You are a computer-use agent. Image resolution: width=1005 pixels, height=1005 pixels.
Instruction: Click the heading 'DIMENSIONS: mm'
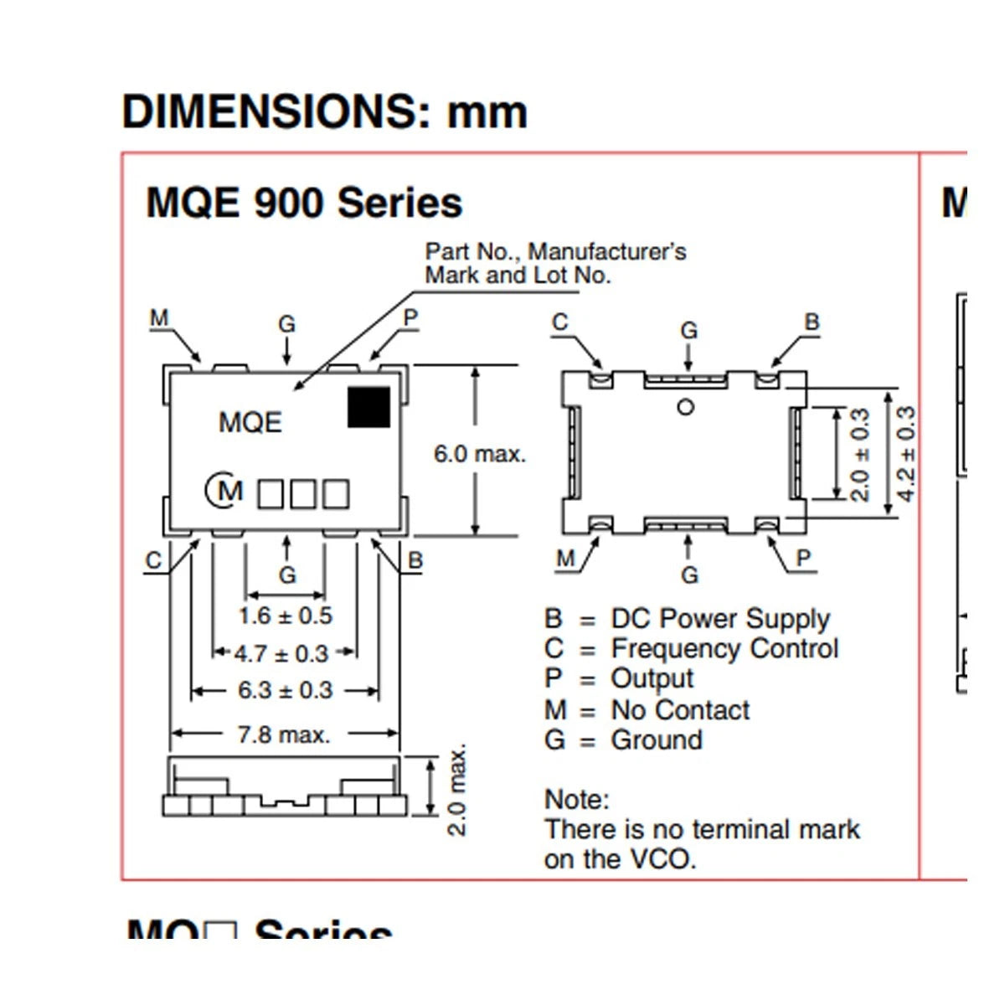coord(325,111)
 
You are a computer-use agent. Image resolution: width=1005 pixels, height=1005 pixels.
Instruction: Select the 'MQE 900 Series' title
coord(304,203)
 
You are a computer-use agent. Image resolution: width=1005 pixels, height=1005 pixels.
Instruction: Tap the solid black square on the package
coord(369,406)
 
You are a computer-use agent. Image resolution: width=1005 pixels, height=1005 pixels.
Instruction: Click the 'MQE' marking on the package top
coord(250,422)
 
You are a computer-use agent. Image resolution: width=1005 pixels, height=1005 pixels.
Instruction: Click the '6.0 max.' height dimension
coord(479,455)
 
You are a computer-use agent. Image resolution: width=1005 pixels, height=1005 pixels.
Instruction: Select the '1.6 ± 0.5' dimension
coord(285,616)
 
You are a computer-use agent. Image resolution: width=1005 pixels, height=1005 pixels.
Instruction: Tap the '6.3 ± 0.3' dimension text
coord(285,690)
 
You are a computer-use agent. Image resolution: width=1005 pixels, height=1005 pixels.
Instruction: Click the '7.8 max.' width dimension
coord(284,735)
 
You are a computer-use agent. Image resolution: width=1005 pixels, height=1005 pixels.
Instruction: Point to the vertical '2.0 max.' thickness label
coord(457,790)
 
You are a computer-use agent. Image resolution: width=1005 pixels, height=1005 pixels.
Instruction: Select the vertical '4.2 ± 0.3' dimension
coord(906,453)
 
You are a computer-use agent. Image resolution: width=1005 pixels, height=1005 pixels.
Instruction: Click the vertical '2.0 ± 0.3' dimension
coord(860,454)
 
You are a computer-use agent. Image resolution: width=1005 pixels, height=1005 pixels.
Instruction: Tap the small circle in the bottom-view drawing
coord(686,407)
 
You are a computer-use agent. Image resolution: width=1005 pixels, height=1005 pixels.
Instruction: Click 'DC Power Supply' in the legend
coord(720,619)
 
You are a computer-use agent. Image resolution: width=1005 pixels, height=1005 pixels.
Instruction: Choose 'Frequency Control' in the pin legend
coord(724,649)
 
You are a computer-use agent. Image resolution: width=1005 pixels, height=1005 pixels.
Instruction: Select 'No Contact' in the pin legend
coord(680,710)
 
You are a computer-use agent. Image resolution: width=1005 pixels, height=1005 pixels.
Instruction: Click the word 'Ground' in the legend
coord(657,740)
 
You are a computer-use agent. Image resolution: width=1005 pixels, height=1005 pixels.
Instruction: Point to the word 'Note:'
coord(577,799)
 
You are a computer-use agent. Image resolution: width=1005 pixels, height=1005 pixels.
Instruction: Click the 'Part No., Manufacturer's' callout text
coord(555,251)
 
